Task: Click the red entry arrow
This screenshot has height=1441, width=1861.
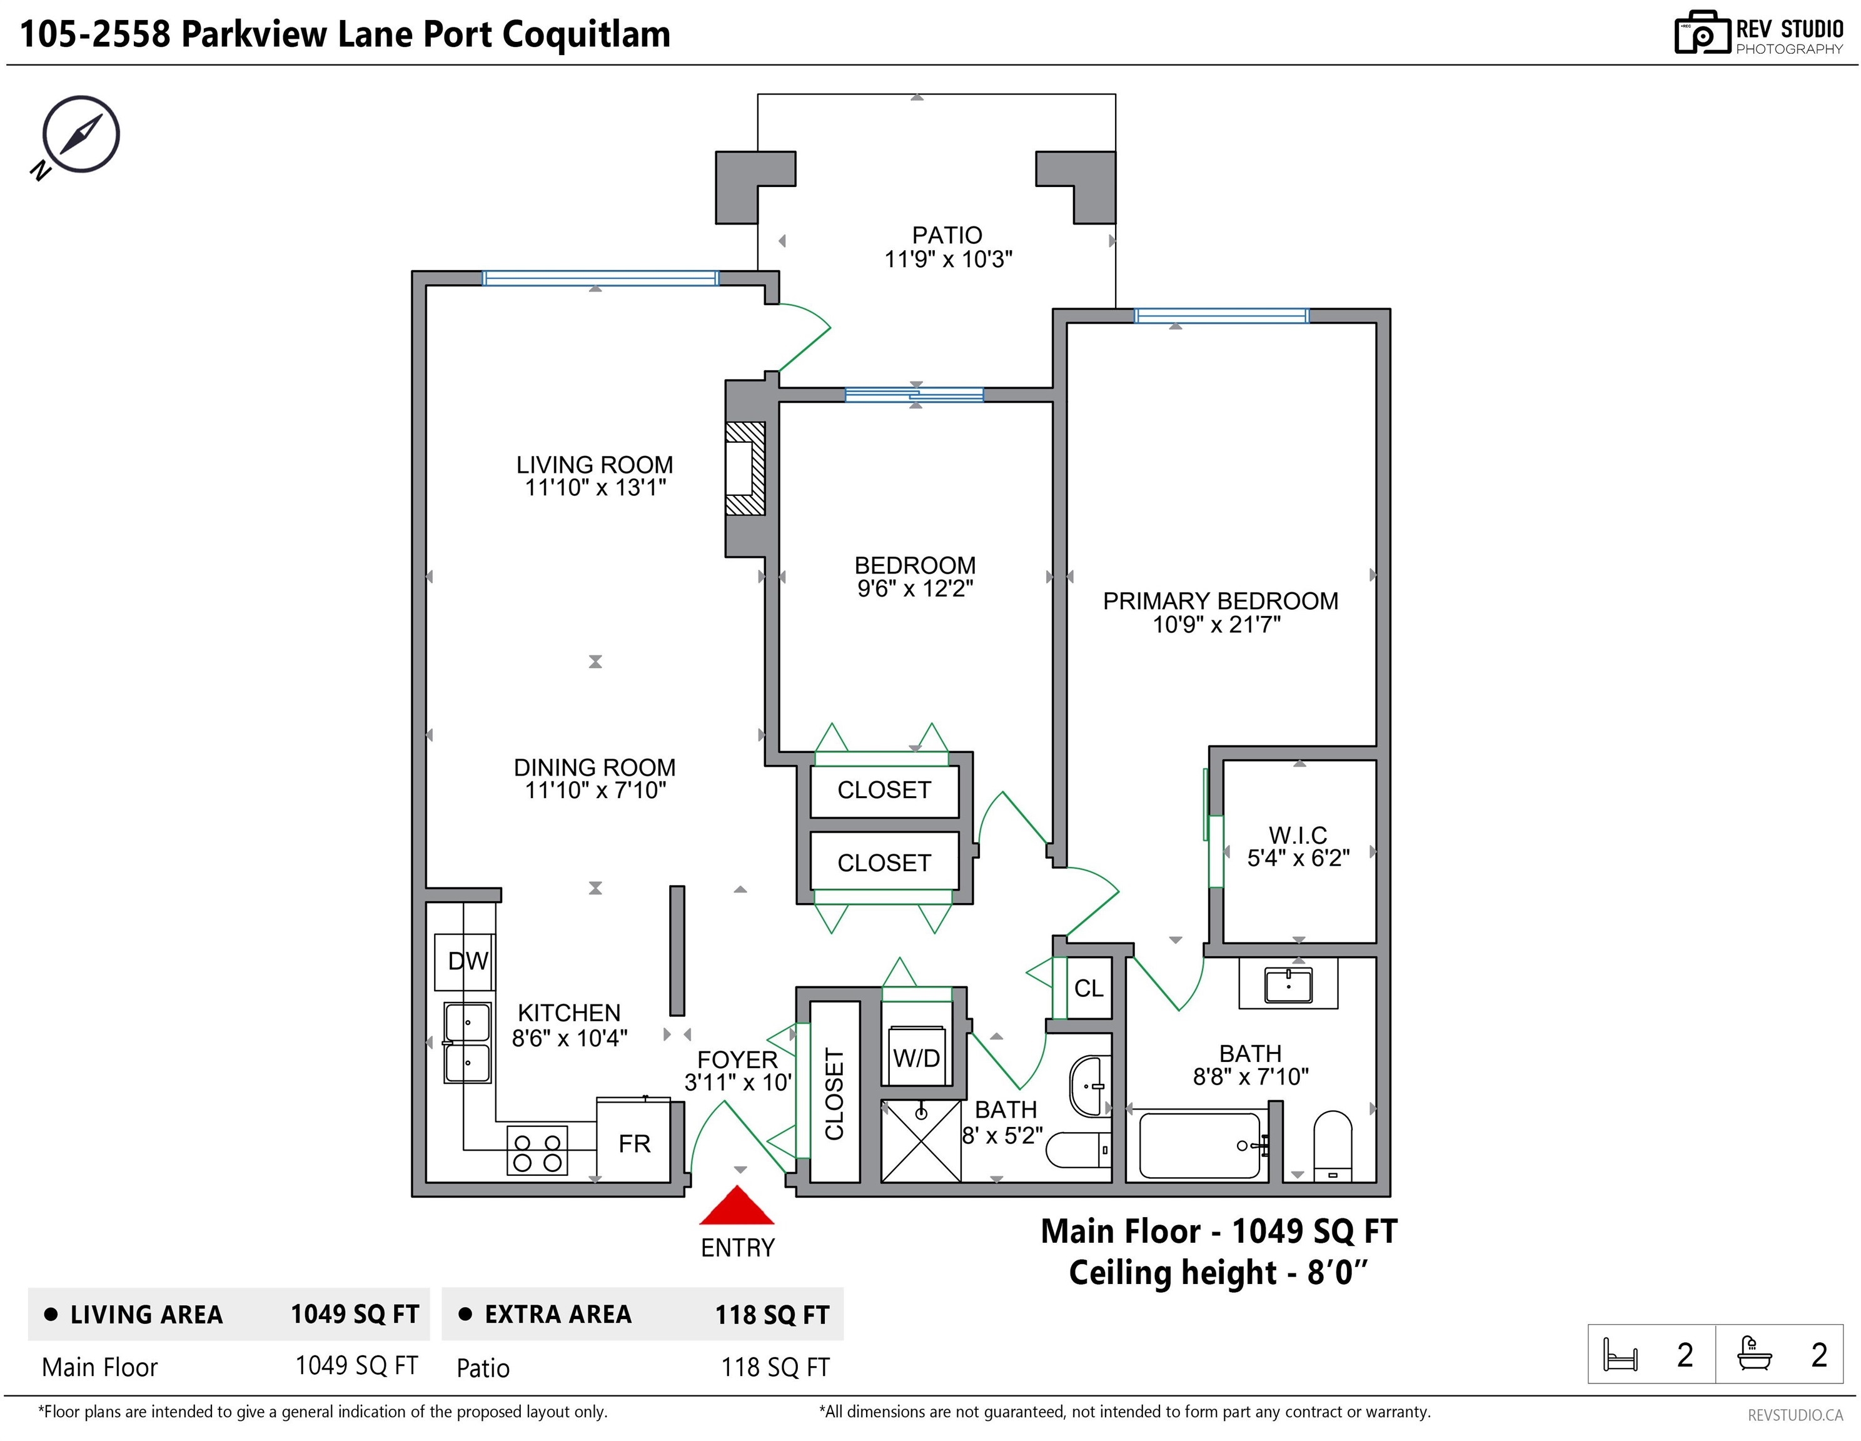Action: pos(737,1206)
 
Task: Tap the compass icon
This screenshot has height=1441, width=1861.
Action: pos(77,136)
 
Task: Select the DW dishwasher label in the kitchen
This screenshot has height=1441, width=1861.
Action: pos(468,961)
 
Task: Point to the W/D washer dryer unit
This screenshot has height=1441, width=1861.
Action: pos(916,1057)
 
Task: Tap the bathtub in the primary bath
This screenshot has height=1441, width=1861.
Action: pos(1200,1145)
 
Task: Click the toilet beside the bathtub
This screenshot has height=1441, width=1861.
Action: pos(1333,1145)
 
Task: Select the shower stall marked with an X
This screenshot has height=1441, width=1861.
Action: pos(921,1141)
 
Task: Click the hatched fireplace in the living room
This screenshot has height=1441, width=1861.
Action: pos(745,468)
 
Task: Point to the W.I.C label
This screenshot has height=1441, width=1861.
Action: pos(1298,835)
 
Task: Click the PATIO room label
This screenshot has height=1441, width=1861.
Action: pos(947,235)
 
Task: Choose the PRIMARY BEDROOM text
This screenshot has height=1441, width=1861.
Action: pos(1220,601)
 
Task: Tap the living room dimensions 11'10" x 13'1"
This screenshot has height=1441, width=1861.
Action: pos(595,487)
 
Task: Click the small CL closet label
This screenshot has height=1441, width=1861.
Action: pos(1088,989)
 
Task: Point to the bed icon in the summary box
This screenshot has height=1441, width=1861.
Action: pos(1620,1354)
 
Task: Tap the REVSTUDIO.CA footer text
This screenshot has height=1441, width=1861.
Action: pos(1795,1415)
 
